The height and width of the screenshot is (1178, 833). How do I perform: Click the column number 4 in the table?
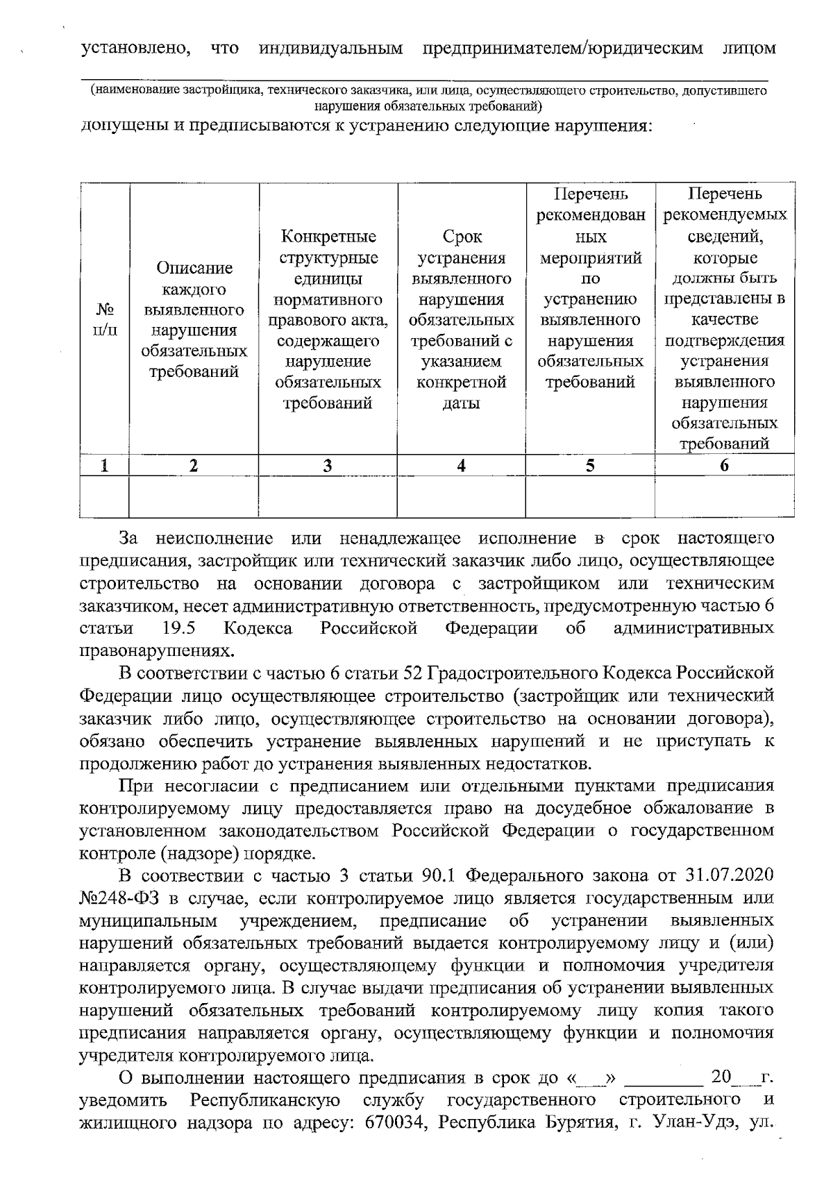coord(461,466)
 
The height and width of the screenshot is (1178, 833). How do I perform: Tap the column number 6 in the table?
coord(724,466)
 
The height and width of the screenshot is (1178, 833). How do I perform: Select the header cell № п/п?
coord(105,319)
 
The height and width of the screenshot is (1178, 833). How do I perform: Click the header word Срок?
coord(462,237)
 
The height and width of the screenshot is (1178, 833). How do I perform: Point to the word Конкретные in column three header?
coord(328,237)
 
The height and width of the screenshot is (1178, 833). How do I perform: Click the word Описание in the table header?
coord(194,268)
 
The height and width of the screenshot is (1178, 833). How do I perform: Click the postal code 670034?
coord(395,1143)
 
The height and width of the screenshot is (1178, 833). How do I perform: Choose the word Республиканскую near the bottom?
coord(265,1120)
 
